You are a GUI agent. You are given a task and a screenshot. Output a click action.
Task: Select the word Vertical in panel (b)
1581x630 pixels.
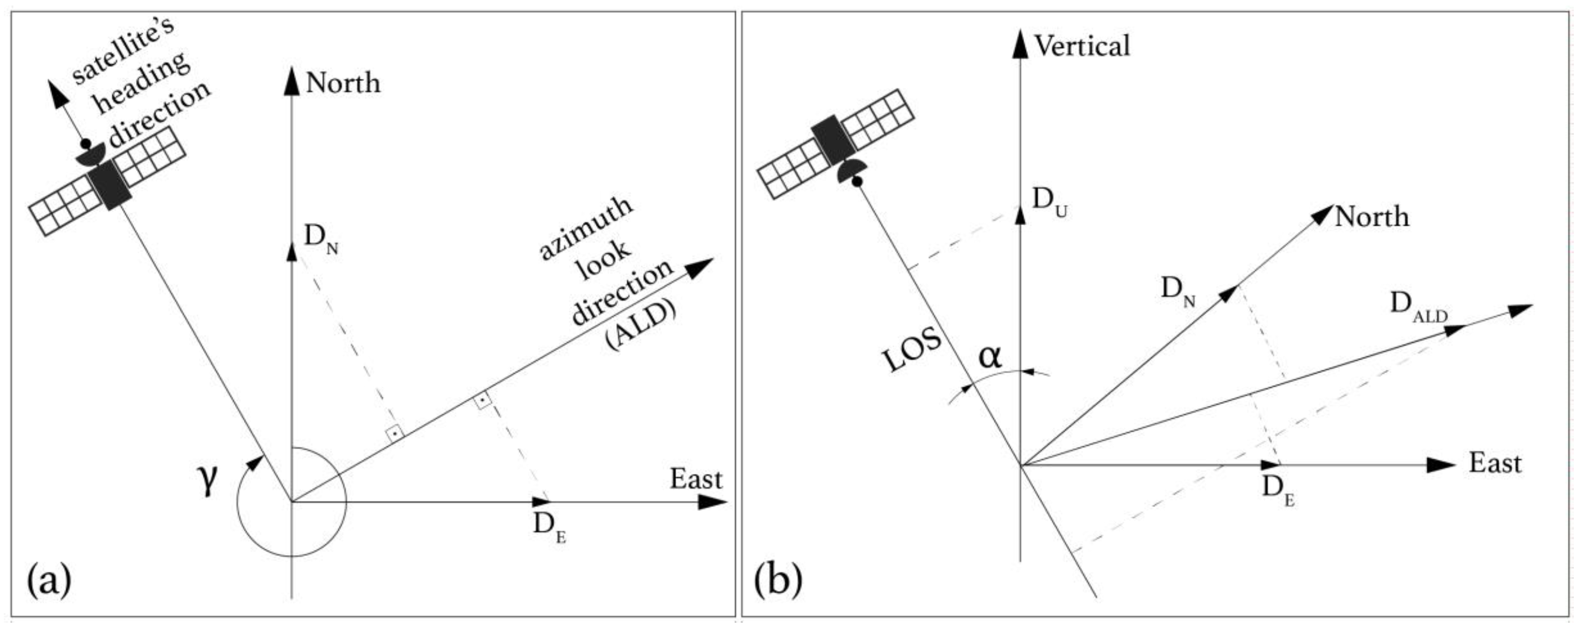pos(1082,46)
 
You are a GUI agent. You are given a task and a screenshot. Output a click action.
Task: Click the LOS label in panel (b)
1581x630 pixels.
pos(913,351)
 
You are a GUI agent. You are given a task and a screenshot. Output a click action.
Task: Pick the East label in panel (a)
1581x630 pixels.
pos(696,479)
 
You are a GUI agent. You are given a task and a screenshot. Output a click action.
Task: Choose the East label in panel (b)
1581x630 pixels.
pos(1495,463)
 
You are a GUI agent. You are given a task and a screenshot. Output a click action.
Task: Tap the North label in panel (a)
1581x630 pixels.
pos(343,83)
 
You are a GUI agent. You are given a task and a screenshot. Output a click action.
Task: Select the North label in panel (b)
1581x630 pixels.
pos(1372,217)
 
